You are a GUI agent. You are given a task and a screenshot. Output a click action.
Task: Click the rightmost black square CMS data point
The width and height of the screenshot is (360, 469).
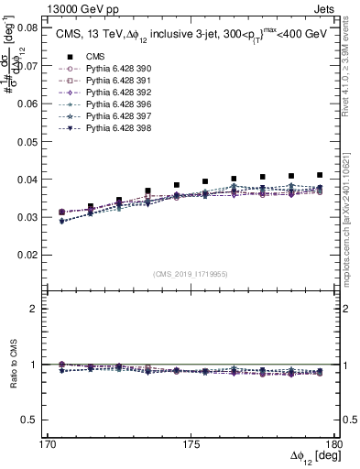tap(320, 175)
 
